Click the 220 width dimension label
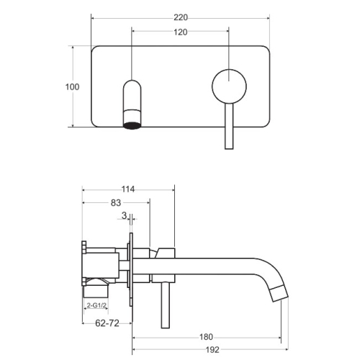pos(181,17)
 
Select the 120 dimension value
pos(181,32)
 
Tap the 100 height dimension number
pos(72,87)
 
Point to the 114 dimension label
pos(128,189)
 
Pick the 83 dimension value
pos(116,203)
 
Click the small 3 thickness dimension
pos(124,215)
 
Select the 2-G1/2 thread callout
pos(96,305)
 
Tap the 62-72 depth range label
pos(107,323)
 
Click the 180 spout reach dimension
pos(206,337)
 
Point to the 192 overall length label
pos(212,350)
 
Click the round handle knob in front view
pos(229,86)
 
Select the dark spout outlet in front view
pos(132,125)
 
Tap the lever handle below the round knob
pos(229,126)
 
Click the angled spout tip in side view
pos(279,293)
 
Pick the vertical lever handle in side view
pos(166,305)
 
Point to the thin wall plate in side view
pos(131,269)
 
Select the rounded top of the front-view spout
pos(132,84)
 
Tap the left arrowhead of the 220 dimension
pos(93,18)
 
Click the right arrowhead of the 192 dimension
pos(286,350)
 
